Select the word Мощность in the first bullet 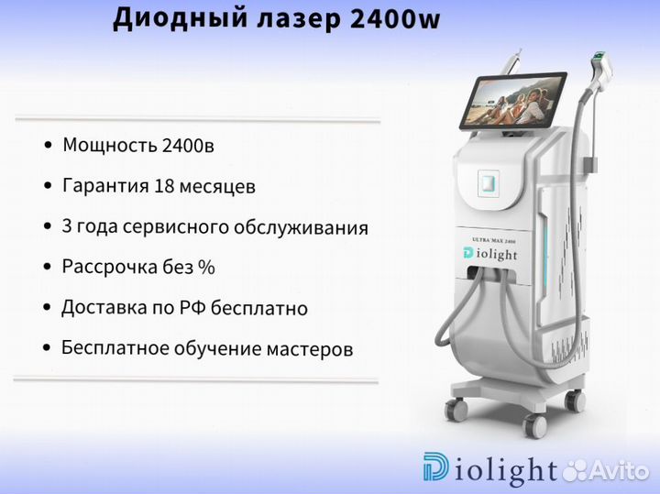(109, 146)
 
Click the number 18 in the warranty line (164, 185)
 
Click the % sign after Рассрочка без (206, 267)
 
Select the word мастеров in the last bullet (310, 349)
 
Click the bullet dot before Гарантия (48, 185)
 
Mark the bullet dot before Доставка (47, 308)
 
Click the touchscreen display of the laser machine (513, 101)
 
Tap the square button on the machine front (489, 183)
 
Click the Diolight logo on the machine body (489, 254)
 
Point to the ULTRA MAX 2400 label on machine (494, 240)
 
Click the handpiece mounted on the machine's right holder (600, 71)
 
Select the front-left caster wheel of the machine (456, 409)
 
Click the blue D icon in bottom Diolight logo (435, 467)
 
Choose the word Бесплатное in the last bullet (115, 348)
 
